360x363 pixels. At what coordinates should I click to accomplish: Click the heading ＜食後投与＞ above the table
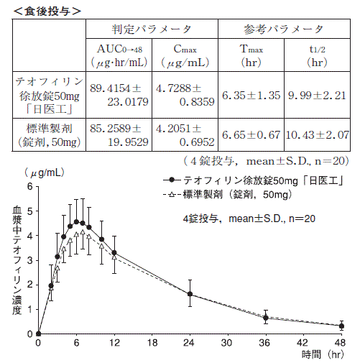47,11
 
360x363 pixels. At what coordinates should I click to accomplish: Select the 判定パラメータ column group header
152,29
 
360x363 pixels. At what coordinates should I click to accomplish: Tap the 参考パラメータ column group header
284,29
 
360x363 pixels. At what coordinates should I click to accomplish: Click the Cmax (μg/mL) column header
185,55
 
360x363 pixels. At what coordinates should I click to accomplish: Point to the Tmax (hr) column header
251,55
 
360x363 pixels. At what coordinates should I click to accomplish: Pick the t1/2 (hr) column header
317,55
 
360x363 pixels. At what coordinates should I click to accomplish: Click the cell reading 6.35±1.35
251,95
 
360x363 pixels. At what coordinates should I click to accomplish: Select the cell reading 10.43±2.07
317,135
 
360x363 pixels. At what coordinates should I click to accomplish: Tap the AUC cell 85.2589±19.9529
119,135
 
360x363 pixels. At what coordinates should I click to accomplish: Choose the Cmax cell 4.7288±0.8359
185,95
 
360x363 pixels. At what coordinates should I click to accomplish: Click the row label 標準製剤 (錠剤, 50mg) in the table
49,135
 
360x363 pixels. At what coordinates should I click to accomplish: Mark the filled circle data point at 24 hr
190,294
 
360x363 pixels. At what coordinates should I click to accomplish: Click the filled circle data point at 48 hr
341,326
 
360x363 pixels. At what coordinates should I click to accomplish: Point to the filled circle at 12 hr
114,253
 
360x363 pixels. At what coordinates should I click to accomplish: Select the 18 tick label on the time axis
152,343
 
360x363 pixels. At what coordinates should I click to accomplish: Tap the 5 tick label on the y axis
30,211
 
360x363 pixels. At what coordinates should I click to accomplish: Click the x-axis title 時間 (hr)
323,354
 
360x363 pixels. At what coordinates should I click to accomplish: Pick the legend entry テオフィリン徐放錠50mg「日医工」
254,180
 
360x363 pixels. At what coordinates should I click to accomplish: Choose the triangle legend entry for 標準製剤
227,194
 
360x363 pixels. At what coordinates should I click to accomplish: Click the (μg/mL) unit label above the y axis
45,173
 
